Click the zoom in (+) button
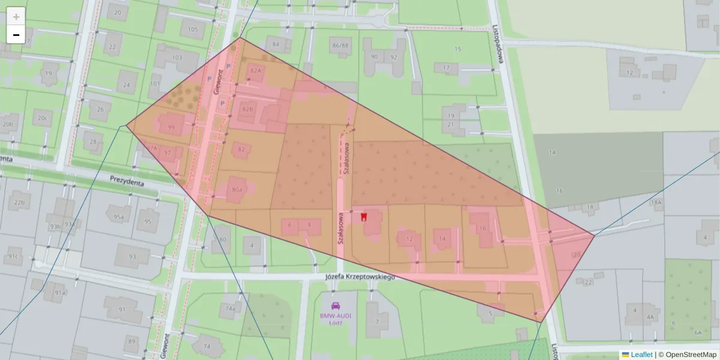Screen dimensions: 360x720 (16, 17)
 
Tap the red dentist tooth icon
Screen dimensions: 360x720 (364, 217)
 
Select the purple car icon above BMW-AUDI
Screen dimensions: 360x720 (335, 306)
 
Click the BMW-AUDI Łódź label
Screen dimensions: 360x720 (335, 319)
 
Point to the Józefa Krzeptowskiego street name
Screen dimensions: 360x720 (359, 277)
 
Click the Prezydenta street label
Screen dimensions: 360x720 (127, 179)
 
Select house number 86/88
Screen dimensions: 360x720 (340, 46)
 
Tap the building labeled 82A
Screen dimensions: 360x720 (256, 71)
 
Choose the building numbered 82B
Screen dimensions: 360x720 (248, 109)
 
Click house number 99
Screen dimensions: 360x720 (172, 127)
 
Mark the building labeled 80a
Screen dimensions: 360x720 (237, 190)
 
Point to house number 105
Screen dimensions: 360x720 (193, 29)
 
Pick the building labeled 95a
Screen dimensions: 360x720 (119, 217)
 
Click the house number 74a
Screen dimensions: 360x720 (230, 308)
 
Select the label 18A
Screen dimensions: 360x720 (656, 203)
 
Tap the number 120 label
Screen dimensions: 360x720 (576, 255)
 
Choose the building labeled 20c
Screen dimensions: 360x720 (42, 118)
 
